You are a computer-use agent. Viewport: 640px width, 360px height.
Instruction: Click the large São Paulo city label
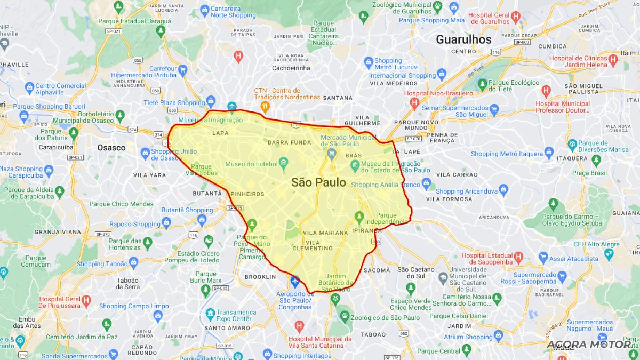click(318, 182)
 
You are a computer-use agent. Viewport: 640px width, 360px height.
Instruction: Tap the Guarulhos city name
click(463, 39)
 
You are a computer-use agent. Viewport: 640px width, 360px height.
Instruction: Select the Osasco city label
click(111, 148)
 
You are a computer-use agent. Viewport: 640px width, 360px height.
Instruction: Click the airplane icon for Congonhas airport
click(295, 281)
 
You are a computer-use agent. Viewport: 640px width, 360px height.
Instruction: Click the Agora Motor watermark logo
click(589, 344)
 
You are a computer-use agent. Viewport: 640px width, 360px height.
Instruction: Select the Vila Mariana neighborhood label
click(325, 233)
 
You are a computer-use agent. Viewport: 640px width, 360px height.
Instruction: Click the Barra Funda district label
click(290, 142)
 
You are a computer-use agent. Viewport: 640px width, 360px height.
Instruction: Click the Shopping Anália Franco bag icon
click(426, 185)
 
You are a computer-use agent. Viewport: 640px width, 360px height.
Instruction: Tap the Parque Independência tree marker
click(359, 217)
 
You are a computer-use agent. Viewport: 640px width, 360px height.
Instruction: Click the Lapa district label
click(220, 133)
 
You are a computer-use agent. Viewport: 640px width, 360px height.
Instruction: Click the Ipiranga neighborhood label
click(367, 231)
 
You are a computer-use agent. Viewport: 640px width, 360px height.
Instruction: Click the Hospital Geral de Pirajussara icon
click(86, 302)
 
